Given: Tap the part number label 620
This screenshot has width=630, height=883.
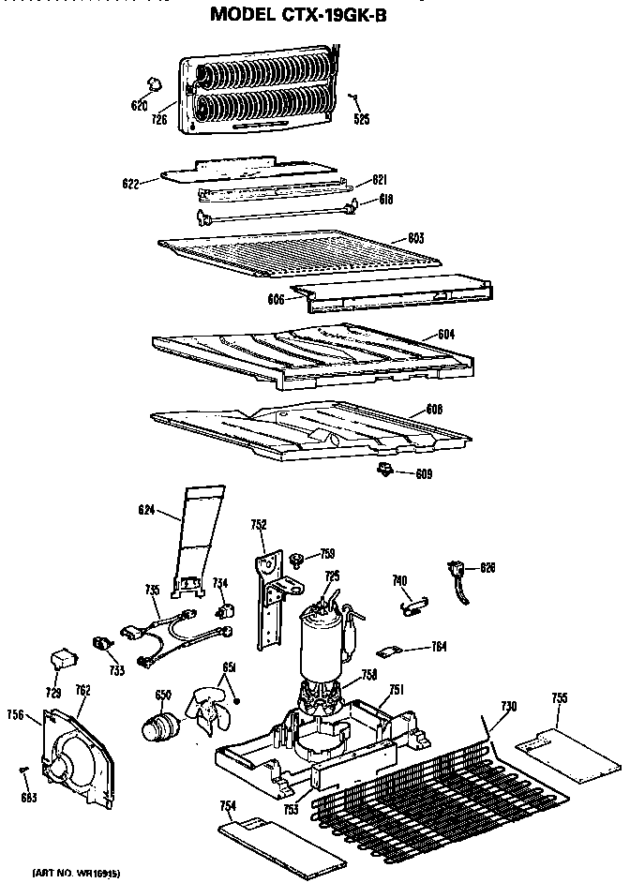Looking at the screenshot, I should (140, 105).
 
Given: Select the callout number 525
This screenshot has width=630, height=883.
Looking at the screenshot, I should (361, 119).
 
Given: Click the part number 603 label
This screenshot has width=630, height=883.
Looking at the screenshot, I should (415, 238).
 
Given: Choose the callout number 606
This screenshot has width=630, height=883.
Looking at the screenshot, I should (275, 300).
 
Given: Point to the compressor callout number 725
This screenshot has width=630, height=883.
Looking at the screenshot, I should (332, 575).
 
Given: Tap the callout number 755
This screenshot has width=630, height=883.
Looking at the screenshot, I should (559, 698).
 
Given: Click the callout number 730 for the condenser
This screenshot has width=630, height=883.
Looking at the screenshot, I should (509, 705).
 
